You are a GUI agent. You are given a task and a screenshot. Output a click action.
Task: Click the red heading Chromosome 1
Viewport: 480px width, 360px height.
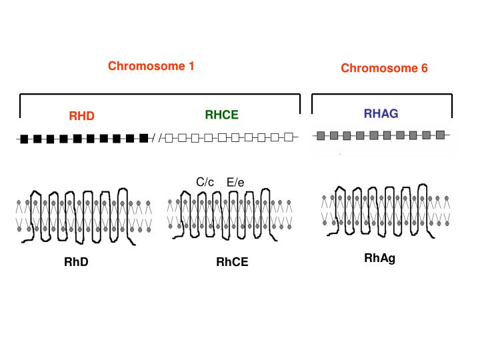(151, 66)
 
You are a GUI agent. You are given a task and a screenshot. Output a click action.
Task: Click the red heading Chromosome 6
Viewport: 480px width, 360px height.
(384, 68)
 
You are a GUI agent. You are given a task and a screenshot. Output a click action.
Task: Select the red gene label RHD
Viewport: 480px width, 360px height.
(82, 117)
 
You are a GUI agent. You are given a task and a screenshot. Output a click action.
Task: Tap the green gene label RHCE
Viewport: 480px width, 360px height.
(221, 115)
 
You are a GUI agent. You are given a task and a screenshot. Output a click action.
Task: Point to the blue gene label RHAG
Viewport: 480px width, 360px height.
(381, 114)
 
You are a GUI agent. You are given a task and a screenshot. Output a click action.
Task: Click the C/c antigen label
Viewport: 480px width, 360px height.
(205, 182)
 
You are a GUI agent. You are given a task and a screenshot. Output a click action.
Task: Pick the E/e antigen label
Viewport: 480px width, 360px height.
(237, 182)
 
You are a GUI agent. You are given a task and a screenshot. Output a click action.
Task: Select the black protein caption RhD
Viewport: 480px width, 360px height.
(76, 262)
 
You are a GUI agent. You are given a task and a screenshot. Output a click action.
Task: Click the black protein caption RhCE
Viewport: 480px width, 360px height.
(232, 262)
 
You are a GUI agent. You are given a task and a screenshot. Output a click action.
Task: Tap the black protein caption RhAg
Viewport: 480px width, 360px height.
(380, 258)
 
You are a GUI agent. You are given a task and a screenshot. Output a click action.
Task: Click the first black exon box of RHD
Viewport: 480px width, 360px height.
(25, 139)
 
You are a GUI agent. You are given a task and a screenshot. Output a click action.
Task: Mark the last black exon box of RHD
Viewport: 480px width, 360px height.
(143, 138)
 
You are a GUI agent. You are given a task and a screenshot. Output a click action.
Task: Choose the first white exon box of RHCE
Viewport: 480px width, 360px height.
(169, 139)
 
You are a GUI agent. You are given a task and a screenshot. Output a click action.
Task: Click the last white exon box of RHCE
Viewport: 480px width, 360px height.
(288, 138)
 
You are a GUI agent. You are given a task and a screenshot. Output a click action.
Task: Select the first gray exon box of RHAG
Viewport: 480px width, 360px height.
(321, 136)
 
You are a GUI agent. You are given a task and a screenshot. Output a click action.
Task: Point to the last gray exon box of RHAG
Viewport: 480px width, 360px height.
(440, 135)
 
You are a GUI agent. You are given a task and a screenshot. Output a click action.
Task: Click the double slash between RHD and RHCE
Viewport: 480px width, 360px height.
(156, 139)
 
